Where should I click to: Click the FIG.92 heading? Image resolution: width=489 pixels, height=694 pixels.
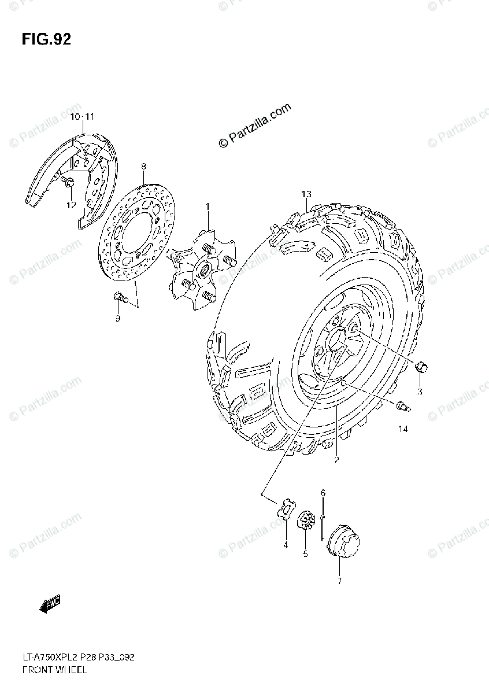pos(46,39)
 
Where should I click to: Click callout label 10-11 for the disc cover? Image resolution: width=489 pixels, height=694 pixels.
pos(81,117)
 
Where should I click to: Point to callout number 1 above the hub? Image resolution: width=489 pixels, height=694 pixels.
pos(207,206)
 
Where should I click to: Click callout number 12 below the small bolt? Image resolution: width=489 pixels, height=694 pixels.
pos(70,205)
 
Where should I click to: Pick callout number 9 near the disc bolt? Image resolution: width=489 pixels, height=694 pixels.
pos(117,318)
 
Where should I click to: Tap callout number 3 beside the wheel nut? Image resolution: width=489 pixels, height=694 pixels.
pos(420,392)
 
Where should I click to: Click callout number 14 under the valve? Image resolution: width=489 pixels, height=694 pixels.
pos(403,429)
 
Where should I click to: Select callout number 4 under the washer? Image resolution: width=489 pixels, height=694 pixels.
pos(285,545)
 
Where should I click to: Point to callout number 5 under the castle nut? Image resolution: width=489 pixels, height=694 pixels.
pos(305,554)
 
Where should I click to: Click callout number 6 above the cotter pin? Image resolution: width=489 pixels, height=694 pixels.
pos(323,492)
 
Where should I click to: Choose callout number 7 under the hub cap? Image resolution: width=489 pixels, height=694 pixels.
pos(339,581)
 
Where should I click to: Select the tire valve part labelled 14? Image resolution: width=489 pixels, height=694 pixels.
pos(402,406)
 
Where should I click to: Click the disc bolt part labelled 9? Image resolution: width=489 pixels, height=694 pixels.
pos(120,298)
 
